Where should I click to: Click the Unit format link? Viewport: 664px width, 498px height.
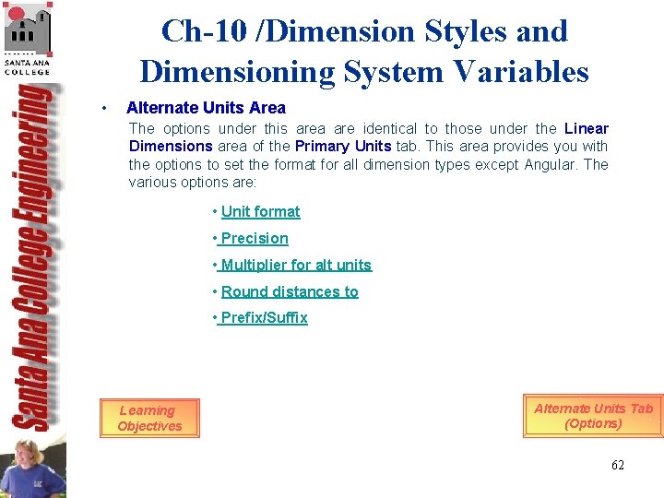[x=260, y=211]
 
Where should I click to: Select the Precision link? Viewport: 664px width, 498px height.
[x=254, y=238]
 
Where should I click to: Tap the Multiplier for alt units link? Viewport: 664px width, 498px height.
[x=295, y=265]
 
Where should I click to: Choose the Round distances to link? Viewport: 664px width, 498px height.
[x=290, y=291]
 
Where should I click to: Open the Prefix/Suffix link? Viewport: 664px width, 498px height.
[x=264, y=317]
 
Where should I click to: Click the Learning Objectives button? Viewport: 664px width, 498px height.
[x=149, y=418]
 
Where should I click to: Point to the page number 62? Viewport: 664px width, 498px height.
[x=617, y=465]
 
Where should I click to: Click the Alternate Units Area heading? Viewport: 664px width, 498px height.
[x=206, y=108]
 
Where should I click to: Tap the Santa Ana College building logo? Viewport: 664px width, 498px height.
[x=28, y=32]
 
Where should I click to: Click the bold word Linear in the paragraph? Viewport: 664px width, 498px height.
[x=586, y=128]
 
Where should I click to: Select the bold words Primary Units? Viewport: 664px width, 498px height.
[x=342, y=146]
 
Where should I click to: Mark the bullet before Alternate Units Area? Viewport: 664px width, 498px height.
[x=107, y=108]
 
